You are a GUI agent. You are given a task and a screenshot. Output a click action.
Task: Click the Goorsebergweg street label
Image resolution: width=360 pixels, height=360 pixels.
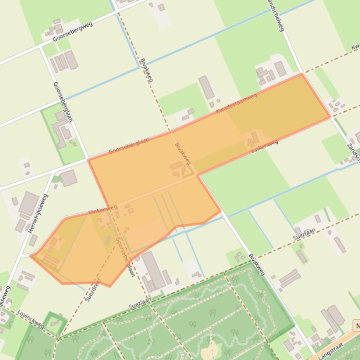coord(72,31)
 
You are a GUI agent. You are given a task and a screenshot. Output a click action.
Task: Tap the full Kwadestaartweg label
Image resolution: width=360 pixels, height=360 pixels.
coord(237,104)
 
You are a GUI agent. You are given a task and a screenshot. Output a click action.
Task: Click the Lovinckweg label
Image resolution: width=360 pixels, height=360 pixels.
coord(31,319)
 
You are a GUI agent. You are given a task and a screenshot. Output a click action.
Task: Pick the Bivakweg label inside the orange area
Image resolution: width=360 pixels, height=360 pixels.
coord(183,154)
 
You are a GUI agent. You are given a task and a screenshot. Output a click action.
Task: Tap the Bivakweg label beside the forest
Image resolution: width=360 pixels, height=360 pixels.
coord(257,265)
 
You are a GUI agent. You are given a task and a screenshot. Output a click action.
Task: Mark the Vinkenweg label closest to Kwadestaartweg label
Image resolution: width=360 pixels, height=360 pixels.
coord(265,146)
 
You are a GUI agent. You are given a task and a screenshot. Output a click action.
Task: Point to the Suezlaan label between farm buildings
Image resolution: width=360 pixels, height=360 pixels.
coord(304,234)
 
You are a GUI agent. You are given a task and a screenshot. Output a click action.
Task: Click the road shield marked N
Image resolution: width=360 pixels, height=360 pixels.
coord(357,325)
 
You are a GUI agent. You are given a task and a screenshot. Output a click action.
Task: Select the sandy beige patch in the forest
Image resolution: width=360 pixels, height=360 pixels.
coord(211,348)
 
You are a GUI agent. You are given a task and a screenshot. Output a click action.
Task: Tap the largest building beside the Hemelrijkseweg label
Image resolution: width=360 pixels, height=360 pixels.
coord(29,204)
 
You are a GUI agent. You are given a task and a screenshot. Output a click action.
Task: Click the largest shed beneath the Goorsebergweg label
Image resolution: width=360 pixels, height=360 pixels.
coord(71,60)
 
